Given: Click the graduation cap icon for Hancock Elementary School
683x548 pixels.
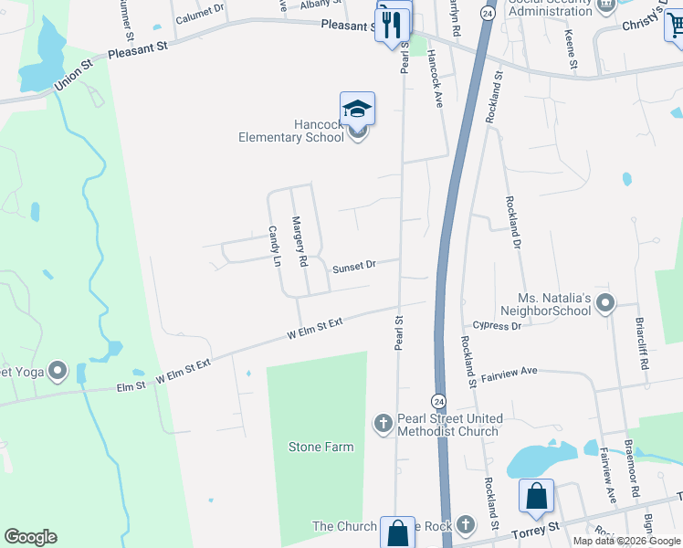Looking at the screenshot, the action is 357,110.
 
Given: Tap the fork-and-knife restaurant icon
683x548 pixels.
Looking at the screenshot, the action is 394,23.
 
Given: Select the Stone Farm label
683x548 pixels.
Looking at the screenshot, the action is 320,447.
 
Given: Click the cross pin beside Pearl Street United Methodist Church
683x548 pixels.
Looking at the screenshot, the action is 384,423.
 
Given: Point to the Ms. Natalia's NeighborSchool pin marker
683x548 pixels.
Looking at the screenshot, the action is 604,303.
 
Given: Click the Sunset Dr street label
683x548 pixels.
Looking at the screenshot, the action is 354,267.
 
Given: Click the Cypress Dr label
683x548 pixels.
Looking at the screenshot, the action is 497,325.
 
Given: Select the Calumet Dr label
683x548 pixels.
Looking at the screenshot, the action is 200,13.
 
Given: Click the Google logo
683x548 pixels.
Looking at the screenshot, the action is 30,537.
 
